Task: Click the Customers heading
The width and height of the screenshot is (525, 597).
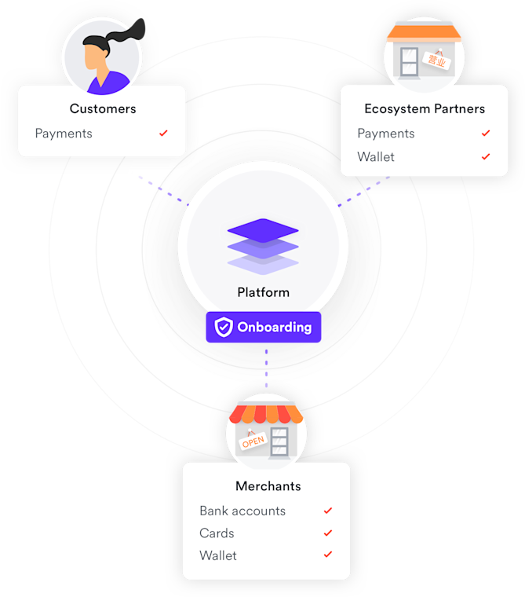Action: (x=103, y=108)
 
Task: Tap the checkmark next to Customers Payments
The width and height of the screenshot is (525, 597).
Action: (x=163, y=134)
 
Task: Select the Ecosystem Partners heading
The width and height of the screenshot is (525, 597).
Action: (x=425, y=108)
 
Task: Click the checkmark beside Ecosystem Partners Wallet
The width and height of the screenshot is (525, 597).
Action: (x=486, y=157)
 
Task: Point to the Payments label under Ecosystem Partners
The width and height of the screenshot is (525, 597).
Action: (x=386, y=134)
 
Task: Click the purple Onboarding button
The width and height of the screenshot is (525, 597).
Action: (x=264, y=328)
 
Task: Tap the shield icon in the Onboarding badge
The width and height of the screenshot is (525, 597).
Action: (x=224, y=328)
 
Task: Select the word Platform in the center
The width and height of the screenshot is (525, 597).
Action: (x=264, y=292)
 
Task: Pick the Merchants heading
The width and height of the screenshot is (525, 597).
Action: (x=268, y=486)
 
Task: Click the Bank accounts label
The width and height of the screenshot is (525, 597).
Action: (x=242, y=511)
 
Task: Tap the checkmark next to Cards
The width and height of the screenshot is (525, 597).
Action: (x=328, y=533)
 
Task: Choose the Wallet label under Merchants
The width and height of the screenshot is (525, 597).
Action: (x=218, y=555)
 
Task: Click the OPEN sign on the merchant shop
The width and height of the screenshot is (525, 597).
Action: (x=253, y=441)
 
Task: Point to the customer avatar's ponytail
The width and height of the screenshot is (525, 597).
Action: (x=130, y=31)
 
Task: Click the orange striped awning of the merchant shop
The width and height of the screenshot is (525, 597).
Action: (x=266, y=413)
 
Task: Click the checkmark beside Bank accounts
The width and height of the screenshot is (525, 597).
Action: (x=328, y=511)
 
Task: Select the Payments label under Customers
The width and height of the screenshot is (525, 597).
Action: (x=64, y=134)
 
